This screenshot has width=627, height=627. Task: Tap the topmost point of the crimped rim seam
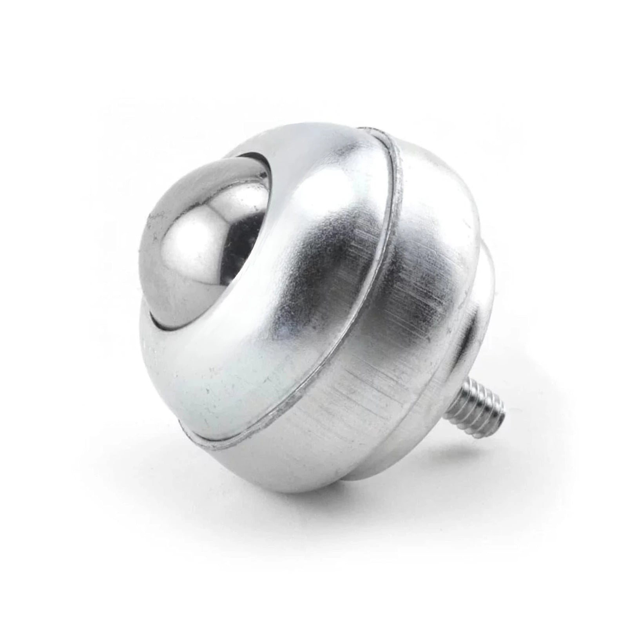[x=372, y=129]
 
